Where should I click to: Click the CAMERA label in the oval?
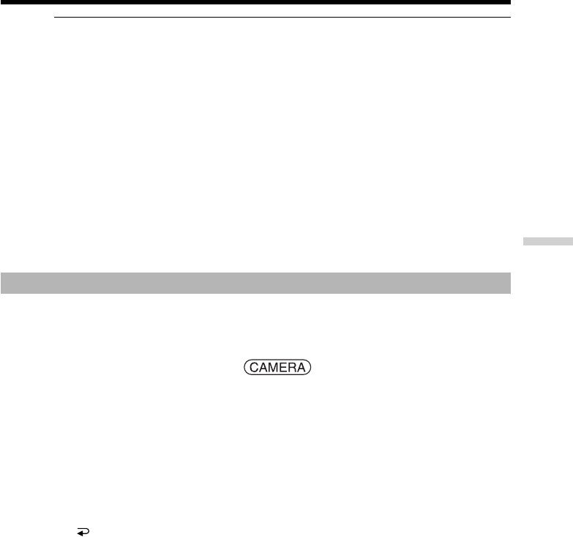pos(277,367)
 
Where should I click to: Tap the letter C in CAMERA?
pos(255,367)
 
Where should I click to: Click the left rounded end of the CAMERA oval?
pos(244,367)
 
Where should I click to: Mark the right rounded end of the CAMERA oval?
pos(310,367)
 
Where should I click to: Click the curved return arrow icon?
pos(83,532)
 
